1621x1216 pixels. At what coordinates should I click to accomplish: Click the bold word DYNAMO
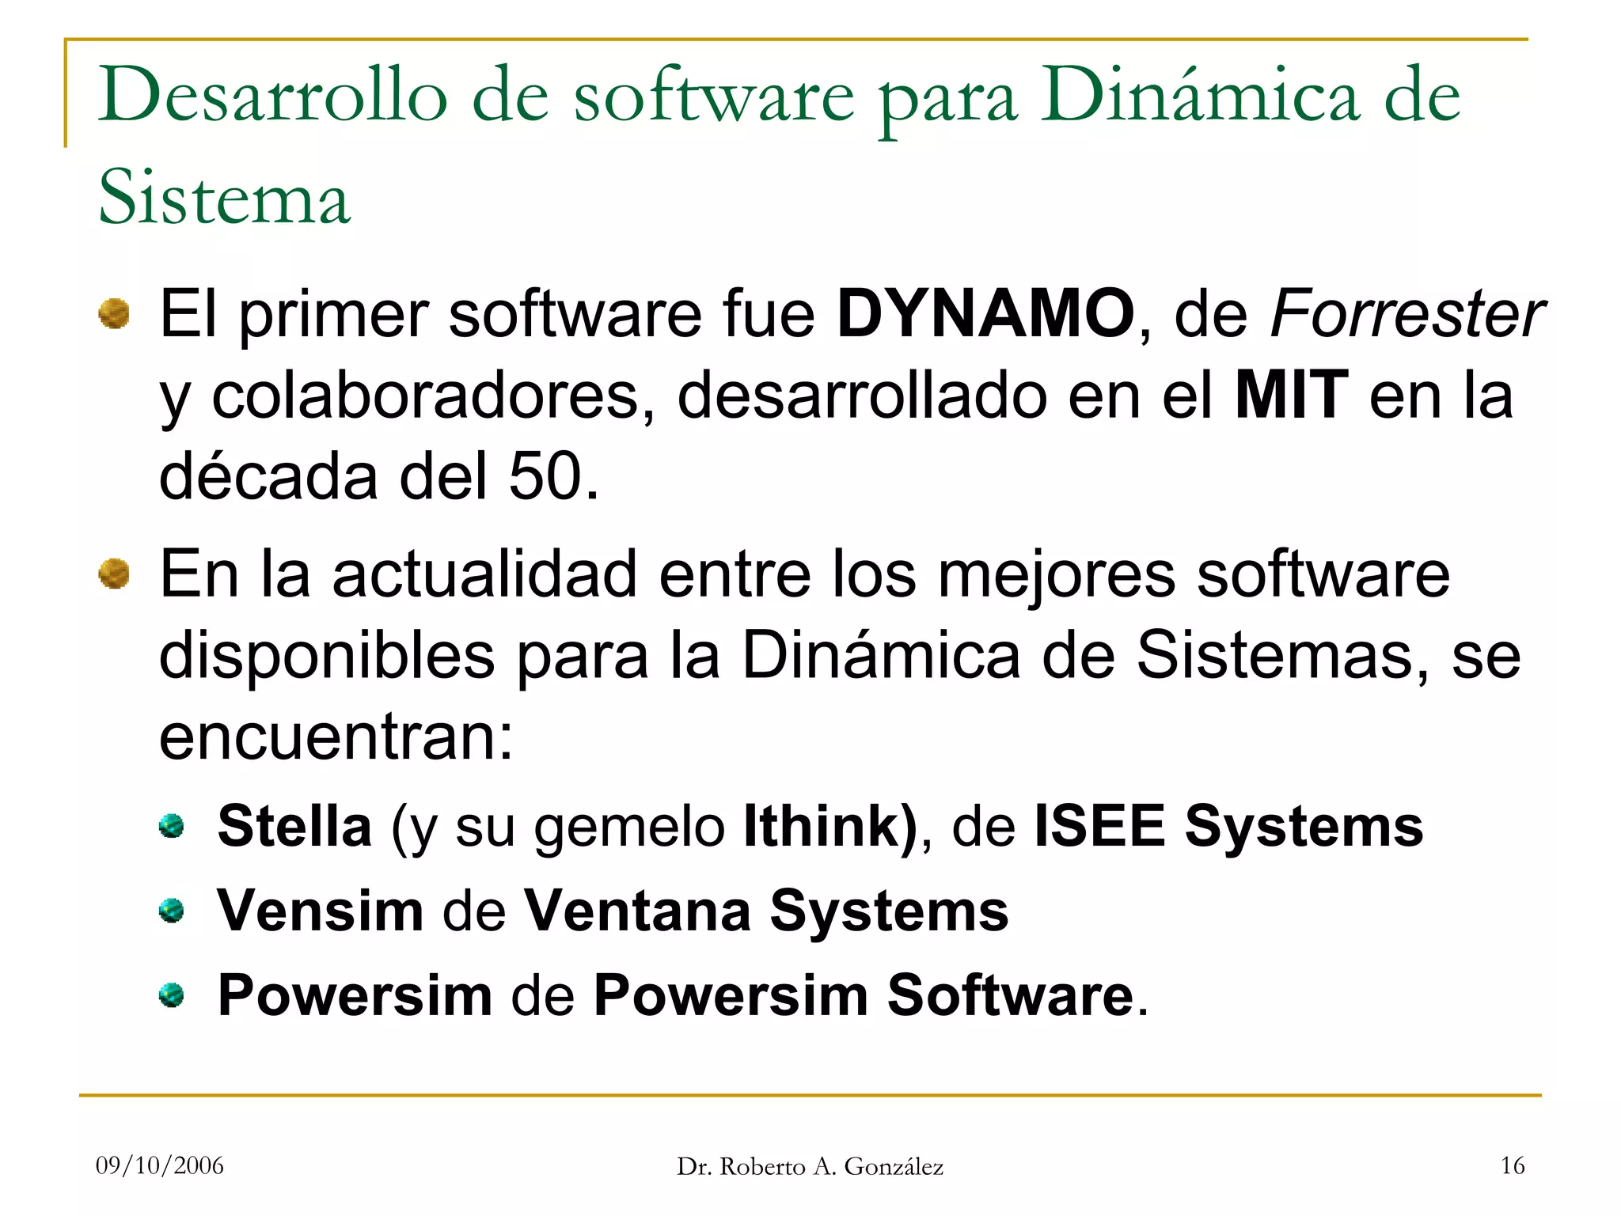click(985, 314)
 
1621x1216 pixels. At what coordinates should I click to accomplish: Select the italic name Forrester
click(1407, 314)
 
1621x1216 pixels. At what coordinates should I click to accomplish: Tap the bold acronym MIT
click(1291, 396)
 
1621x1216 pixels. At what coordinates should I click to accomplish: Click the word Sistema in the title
click(224, 197)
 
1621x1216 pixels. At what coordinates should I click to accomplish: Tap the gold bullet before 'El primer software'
click(114, 313)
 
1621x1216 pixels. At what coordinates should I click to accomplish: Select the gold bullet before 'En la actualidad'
click(114, 574)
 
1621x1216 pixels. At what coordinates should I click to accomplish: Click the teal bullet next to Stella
click(171, 827)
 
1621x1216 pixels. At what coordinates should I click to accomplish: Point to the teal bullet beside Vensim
click(171, 911)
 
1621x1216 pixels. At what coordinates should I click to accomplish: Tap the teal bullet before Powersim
click(171, 994)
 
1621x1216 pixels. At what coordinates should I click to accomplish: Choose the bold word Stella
click(294, 826)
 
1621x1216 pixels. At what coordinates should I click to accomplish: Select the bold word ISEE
click(1099, 826)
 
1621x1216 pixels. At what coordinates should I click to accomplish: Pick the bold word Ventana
click(637, 911)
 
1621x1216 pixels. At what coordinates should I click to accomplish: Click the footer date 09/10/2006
click(160, 1165)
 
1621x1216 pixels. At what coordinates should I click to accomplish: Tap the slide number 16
click(1513, 1165)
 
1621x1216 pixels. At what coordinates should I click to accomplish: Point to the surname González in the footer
click(894, 1167)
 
